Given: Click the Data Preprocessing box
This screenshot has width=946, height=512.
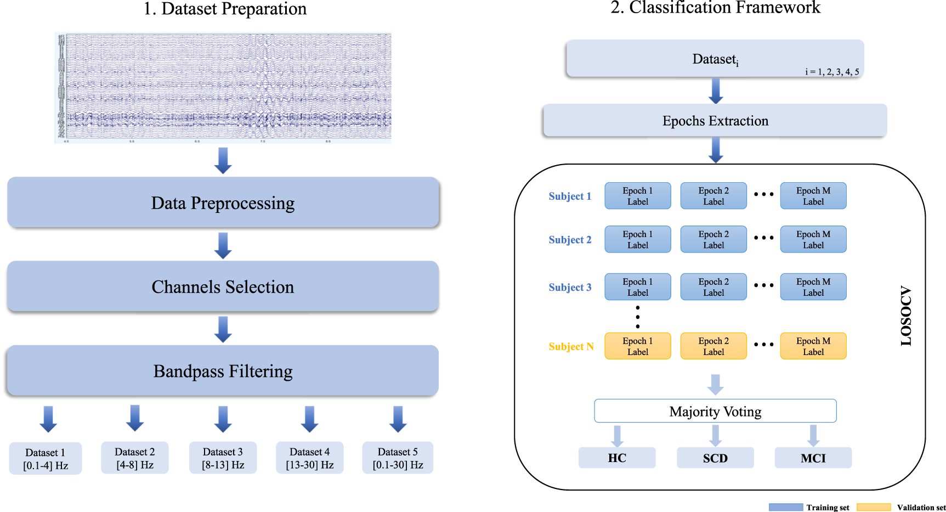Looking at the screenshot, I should (x=223, y=202).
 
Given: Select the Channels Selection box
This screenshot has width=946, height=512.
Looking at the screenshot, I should (x=223, y=286).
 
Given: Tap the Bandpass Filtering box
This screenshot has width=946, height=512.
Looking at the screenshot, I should (x=223, y=371).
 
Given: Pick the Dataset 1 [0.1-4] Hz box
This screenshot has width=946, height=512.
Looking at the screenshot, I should (x=46, y=459).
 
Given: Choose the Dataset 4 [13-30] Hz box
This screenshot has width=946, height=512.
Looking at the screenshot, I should (x=310, y=458).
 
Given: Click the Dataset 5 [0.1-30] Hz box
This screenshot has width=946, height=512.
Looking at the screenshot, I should (x=398, y=458).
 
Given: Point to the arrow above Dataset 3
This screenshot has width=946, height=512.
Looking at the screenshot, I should (x=223, y=419).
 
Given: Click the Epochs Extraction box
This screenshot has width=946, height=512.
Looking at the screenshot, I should (x=715, y=121).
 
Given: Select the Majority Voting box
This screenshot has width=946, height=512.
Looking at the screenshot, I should (x=715, y=411).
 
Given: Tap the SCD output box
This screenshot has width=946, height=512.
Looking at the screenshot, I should (x=715, y=458).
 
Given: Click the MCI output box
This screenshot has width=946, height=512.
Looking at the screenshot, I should (x=813, y=458).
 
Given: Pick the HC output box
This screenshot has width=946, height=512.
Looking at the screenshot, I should (x=617, y=458).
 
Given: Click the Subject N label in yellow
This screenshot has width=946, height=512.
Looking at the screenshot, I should (x=571, y=346).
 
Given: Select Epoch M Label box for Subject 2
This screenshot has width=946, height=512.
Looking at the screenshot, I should (x=813, y=239).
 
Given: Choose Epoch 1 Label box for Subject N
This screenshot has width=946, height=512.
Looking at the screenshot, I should (x=637, y=346).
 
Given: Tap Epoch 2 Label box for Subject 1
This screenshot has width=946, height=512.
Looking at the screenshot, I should (x=713, y=196).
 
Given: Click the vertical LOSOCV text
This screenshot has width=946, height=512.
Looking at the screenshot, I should (x=906, y=316).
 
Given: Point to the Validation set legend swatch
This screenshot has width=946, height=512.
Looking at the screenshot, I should (x=874, y=507).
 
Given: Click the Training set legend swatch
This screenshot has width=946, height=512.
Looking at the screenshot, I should (x=786, y=507).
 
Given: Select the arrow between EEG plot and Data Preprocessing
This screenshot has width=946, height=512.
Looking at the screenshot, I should (x=223, y=160).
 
